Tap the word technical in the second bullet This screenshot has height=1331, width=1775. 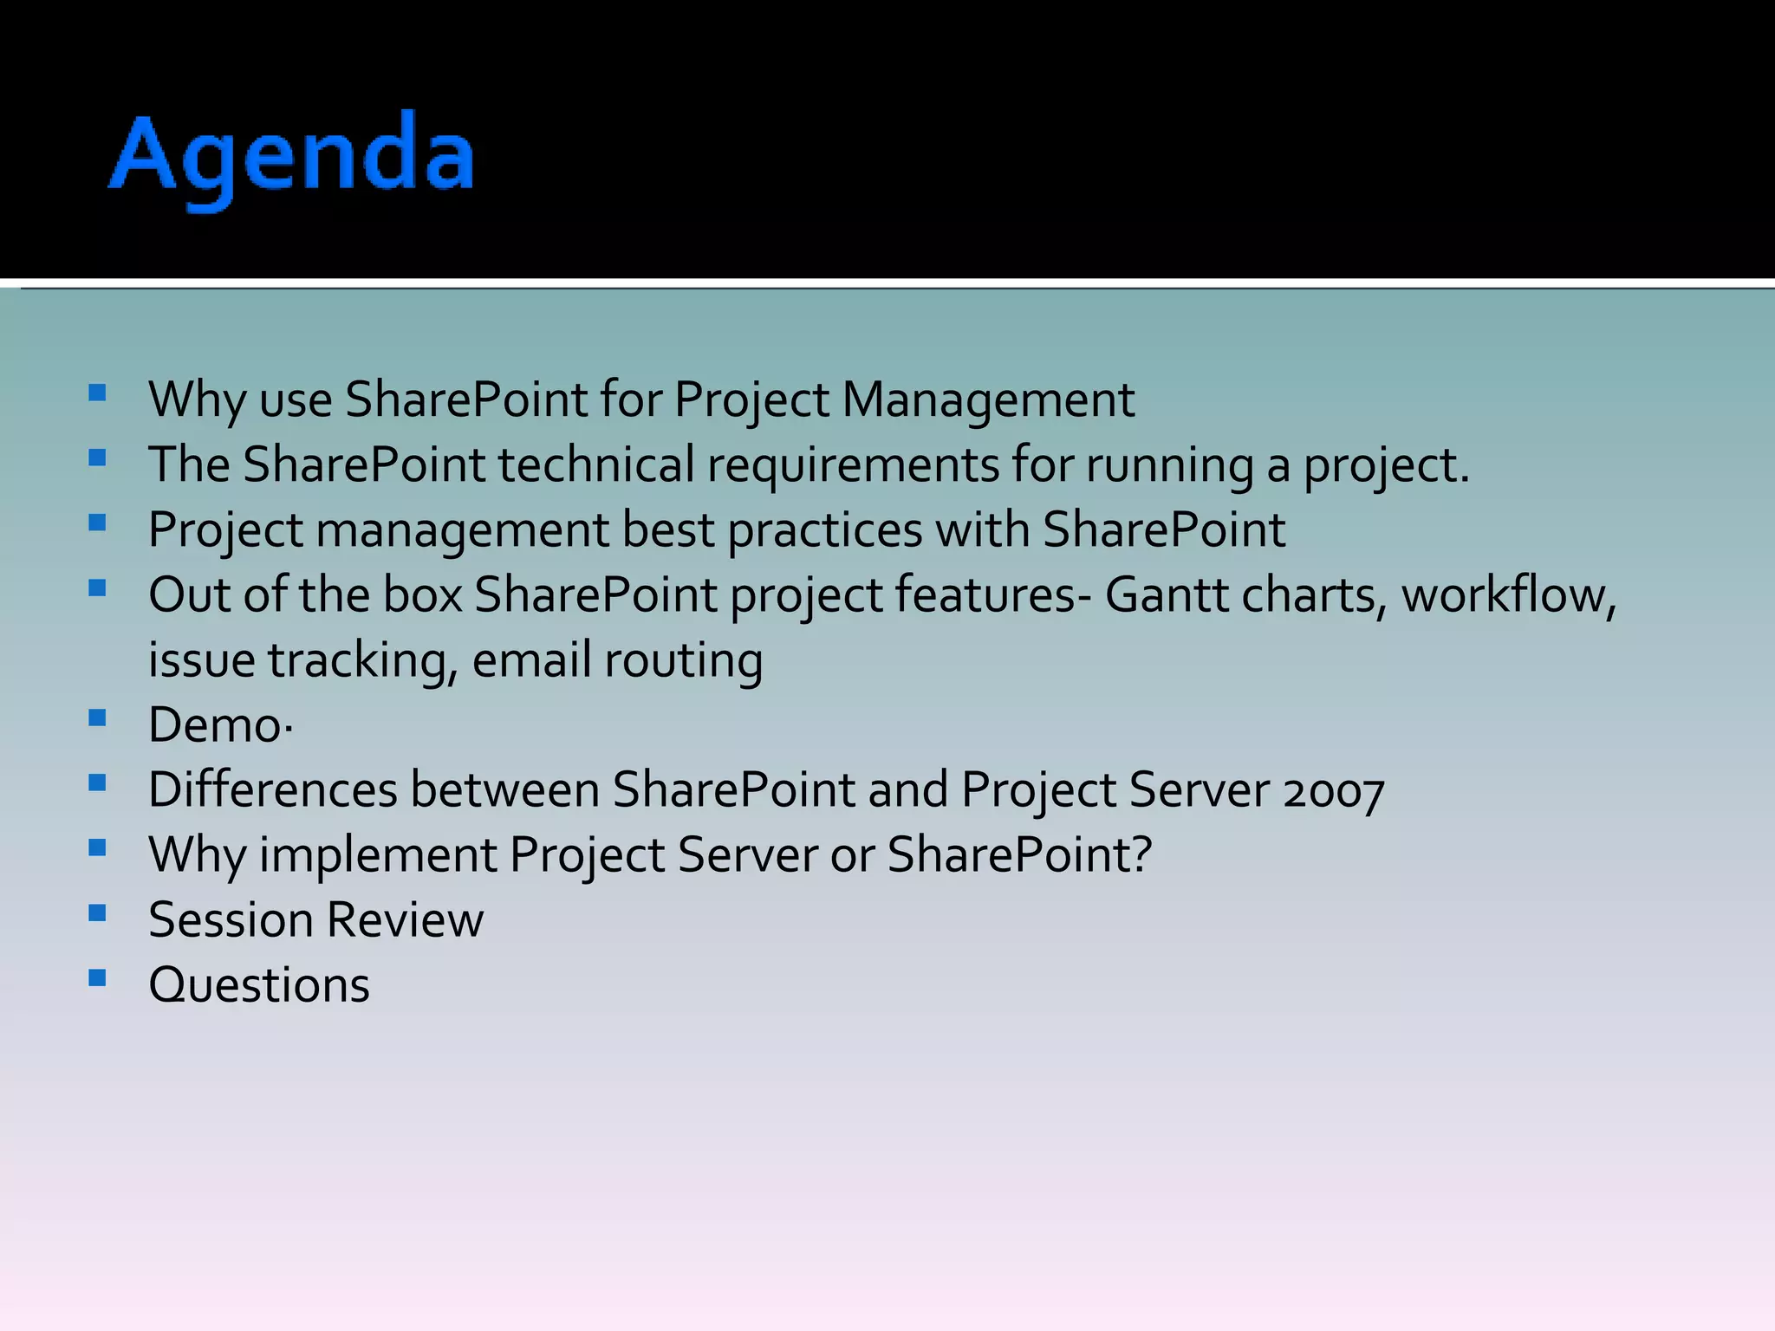(595, 465)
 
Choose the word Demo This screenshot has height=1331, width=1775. (216, 725)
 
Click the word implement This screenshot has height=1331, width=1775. (378, 855)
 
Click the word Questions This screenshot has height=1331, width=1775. (259, 985)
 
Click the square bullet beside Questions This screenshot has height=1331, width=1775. (97, 978)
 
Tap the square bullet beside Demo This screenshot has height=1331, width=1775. (97, 717)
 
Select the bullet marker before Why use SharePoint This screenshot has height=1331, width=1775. (97, 393)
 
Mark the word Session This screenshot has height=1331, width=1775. (231, 920)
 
